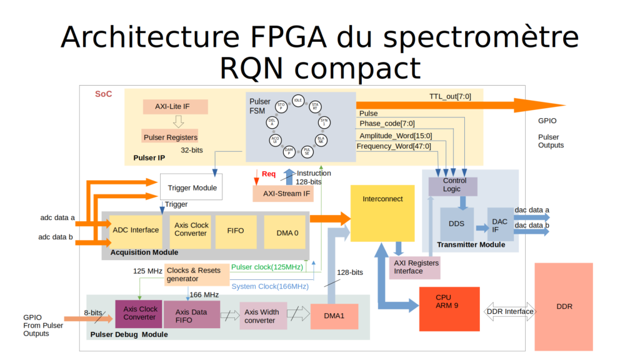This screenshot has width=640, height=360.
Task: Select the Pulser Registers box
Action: click(x=171, y=137)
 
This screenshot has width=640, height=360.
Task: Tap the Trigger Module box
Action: click(x=191, y=187)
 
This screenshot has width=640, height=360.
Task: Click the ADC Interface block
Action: click(x=136, y=230)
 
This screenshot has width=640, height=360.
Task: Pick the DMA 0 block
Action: click(x=287, y=232)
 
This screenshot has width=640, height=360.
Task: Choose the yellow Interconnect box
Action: click(x=382, y=213)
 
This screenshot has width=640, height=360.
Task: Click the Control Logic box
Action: click(x=451, y=185)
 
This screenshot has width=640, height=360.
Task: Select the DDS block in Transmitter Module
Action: click(x=456, y=224)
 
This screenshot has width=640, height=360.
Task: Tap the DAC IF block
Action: click(x=499, y=225)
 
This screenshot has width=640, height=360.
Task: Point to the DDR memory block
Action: click(x=564, y=306)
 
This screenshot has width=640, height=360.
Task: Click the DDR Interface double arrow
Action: click(x=510, y=311)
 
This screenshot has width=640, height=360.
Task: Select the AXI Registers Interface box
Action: click(x=416, y=267)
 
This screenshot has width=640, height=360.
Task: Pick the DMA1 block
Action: click(x=334, y=316)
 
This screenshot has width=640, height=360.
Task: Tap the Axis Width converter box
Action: click(x=260, y=316)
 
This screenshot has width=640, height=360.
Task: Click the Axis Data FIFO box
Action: click(x=192, y=314)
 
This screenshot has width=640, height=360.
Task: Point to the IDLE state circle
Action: click(x=298, y=100)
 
